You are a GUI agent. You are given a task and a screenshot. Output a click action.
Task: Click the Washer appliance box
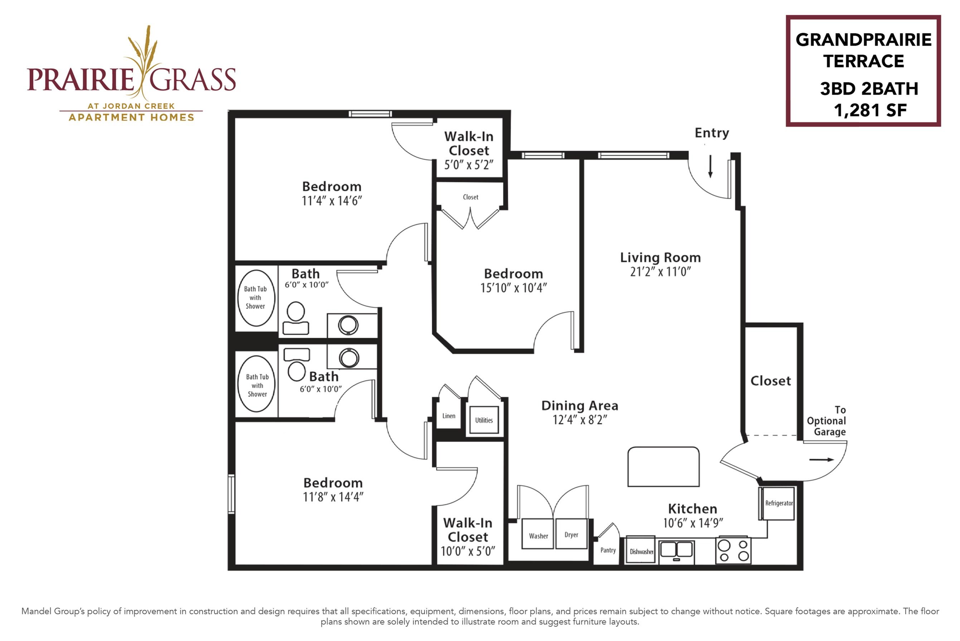(x=538, y=534)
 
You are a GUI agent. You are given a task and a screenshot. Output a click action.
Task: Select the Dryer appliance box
(x=571, y=534)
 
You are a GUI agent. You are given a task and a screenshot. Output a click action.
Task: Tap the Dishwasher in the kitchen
(x=641, y=550)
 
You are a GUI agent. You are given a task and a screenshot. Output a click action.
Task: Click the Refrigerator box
(x=779, y=503)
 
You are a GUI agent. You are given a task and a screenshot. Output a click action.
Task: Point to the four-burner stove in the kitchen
(x=733, y=551)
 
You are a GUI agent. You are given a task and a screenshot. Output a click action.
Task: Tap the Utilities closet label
(x=484, y=420)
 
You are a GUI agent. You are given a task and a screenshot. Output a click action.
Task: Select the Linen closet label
(x=449, y=416)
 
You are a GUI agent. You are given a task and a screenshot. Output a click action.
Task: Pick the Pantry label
(x=608, y=550)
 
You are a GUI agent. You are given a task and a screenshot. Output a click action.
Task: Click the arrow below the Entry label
(x=711, y=166)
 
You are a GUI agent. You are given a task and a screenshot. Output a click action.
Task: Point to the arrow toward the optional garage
(x=822, y=460)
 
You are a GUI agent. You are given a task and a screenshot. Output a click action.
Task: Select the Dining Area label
(x=580, y=406)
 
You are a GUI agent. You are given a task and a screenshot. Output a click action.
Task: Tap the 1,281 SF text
(x=870, y=111)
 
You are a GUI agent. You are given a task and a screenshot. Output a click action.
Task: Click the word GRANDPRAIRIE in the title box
(x=863, y=40)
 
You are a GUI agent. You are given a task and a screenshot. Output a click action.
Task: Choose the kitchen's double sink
(x=677, y=550)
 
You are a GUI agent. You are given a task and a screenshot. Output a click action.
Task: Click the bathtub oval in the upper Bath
(x=256, y=298)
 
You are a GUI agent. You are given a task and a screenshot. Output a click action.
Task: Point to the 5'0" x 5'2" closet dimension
(x=469, y=165)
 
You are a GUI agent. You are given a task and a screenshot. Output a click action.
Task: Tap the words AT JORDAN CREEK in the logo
(x=131, y=106)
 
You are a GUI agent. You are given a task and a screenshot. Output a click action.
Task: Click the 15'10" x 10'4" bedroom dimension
(x=513, y=288)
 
